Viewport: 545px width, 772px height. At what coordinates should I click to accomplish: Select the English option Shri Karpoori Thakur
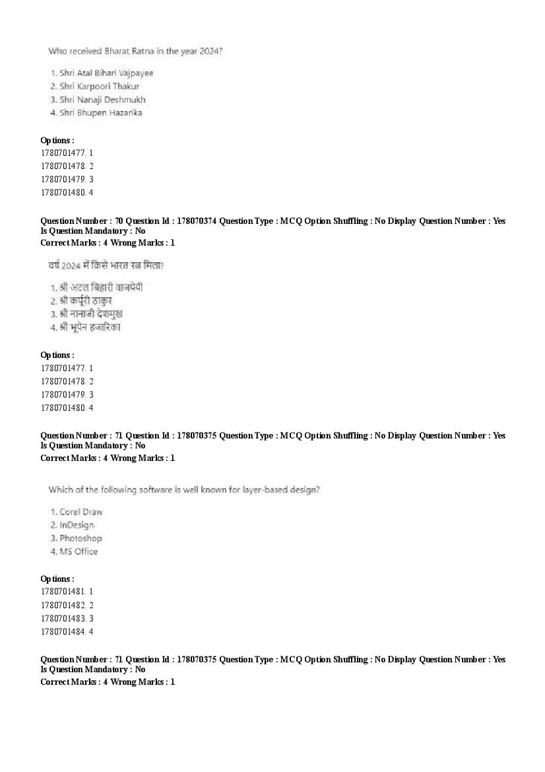pyautogui.click(x=99, y=87)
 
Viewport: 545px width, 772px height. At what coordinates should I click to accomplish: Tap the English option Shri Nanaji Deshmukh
pyautogui.click(x=102, y=100)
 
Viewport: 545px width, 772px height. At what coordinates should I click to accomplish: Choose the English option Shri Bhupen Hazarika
pyautogui.click(x=100, y=113)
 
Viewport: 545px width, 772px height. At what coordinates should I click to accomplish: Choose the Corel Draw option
pyautogui.click(x=80, y=512)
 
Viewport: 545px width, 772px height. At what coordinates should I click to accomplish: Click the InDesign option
pyautogui.click(x=77, y=525)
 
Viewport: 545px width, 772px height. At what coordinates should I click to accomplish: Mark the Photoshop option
pyautogui.click(x=80, y=538)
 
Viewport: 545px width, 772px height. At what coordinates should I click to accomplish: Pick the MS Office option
pyautogui.click(x=78, y=551)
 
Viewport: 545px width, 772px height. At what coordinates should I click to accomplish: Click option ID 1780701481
pyautogui.click(x=63, y=592)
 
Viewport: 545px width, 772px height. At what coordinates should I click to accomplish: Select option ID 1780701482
pyautogui.click(x=63, y=605)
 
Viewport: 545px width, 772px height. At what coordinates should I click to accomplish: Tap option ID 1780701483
pyautogui.click(x=63, y=618)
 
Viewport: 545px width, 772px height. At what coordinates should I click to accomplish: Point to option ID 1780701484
pyautogui.click(x=63, y=632)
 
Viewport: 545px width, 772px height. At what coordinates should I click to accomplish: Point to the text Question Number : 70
pyautogui.click(x=82, y=221)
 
